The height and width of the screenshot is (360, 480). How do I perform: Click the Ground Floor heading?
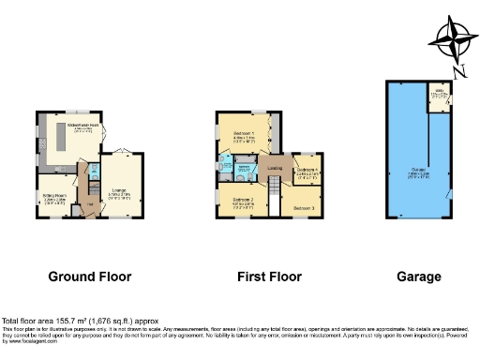click(90, 277)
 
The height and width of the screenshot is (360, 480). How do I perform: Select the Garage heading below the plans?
click(418, 277)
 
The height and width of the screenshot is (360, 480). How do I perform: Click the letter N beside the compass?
click(454, 68)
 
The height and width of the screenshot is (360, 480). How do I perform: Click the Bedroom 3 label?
click(303, 205)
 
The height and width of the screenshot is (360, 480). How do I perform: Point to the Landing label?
click(275, 168)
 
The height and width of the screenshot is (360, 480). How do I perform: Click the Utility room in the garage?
click(437, 95)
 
